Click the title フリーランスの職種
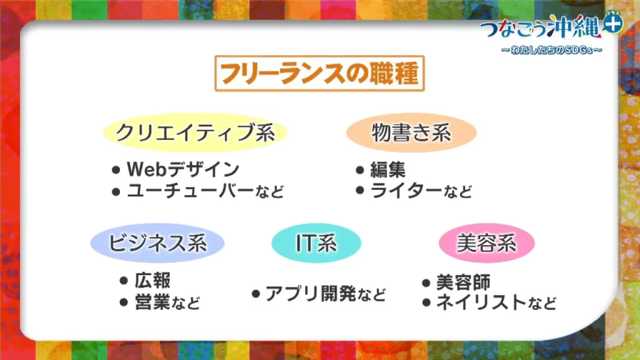pos(319,74)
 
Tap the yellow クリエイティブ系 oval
pos(195,132)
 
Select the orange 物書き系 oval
pos(411,132)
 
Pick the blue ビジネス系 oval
pos(157,243)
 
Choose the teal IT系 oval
pos(316,243)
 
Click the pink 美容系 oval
pos(486,243)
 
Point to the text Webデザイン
pos(183,169)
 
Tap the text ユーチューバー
pos(190,191)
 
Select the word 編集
pos(387,169)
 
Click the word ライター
pos(406,191)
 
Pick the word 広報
pos(152,281)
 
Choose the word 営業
pos(152,302)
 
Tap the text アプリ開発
pos(311,294)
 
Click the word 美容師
pos(464,282)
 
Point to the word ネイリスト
pos(481,302)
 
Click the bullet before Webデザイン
pos(116,170)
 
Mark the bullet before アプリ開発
pos(256,294)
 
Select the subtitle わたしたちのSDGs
pos(551,50)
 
